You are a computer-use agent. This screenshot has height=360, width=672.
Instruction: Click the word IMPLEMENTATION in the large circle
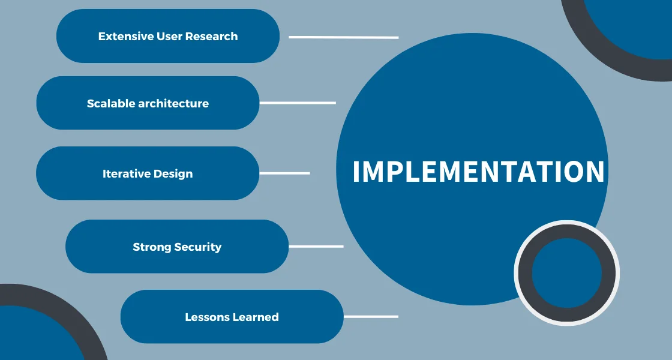(478, 172)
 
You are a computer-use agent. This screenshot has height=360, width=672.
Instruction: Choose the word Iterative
(125, 173)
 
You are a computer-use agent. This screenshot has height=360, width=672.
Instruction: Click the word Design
(173, 174)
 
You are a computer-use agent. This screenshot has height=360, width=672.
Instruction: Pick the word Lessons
(207, 317)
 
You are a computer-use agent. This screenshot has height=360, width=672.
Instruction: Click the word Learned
(256, 317)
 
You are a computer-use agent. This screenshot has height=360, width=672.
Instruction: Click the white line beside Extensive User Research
(344, 37)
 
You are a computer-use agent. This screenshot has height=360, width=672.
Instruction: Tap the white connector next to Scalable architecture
(298, 103)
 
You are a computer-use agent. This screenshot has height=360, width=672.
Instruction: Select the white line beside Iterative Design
(284, 173)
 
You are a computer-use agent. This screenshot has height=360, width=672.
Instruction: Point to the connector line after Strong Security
(316, 247)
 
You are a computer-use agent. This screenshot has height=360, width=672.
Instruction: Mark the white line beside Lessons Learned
(371, 317)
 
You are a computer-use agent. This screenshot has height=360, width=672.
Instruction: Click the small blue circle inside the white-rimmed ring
(567, 273)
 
